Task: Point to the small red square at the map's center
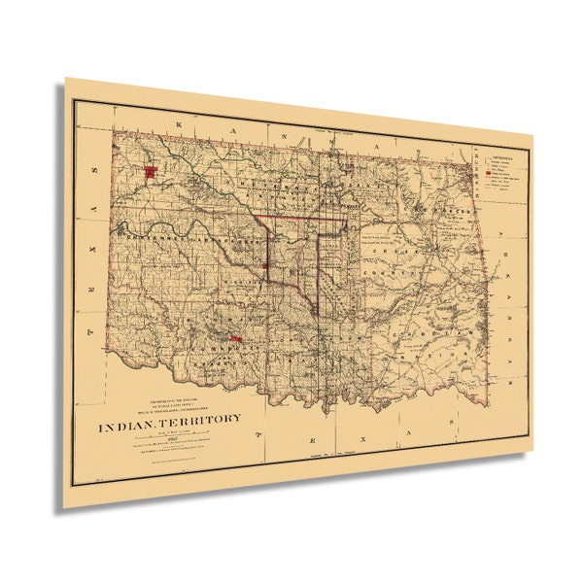pyautogui.click(x=265, y=264)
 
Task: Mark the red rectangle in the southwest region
pyautogui.click(x=235, y=339)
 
